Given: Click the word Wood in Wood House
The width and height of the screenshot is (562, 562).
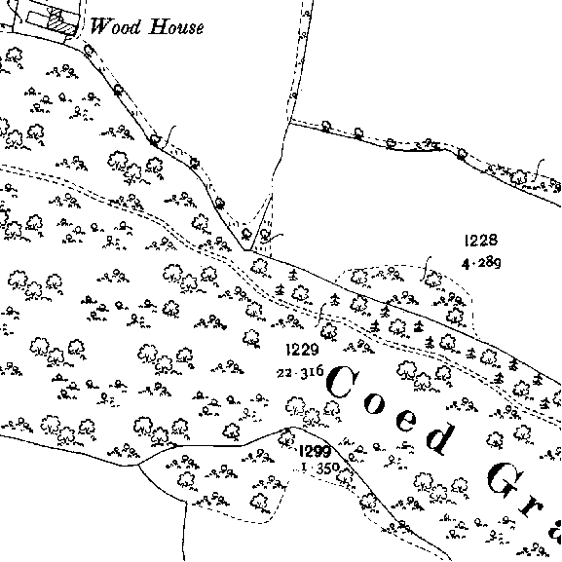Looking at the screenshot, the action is [x=115, y=26].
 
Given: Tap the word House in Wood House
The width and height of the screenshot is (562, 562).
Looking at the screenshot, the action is [x=176, y=26].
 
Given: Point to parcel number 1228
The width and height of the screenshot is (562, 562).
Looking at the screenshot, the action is [x=480, y=241].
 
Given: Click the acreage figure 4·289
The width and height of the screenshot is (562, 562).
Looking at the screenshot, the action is [x=481, y=263].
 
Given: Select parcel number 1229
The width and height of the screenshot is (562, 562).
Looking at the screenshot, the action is [x=302, y=349].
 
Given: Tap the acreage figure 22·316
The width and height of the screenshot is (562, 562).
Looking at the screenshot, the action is [x=300, y=372].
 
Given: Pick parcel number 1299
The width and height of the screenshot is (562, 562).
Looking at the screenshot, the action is [x=315, y=451].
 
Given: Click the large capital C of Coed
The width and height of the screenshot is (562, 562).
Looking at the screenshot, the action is [x=342, y=382].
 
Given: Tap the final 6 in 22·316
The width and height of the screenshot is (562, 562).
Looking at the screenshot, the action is [x=319, y=371].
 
